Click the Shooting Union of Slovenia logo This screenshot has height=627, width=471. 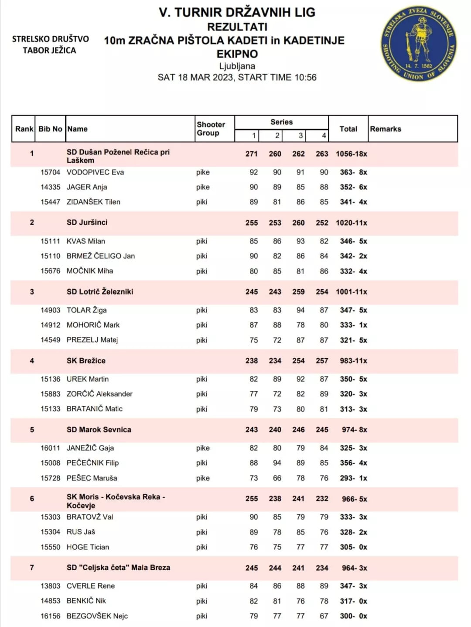(419, 44)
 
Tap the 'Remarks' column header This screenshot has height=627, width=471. (385, 129)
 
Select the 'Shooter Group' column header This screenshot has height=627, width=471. (211, 129)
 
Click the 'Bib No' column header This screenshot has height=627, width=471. (50, 129)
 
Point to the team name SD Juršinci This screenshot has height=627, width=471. (87, 223)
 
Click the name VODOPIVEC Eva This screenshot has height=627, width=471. (95, 172)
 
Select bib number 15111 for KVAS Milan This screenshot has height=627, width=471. (50, 241)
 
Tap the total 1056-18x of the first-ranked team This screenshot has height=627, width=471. (351, 154)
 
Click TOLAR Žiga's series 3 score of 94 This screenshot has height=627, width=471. (300, 310)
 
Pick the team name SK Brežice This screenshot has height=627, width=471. (86, 361)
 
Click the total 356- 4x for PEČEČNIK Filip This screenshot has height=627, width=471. (353, 463)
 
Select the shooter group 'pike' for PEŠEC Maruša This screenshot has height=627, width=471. (203, 478)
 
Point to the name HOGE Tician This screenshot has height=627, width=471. (88, 547)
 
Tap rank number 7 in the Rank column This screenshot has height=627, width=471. (32, 568)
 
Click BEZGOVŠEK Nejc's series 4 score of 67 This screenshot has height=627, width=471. (324, 616)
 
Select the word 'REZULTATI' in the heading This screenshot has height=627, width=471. (237, 27)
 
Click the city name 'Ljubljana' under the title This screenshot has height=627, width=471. (237, 66)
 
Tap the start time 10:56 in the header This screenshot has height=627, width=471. (305, 78)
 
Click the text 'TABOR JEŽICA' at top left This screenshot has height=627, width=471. (49, 51)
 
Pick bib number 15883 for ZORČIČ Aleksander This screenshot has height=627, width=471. (50, 394)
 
